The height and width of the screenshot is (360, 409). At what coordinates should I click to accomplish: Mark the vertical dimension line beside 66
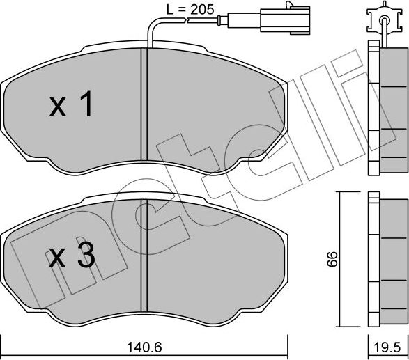340,259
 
